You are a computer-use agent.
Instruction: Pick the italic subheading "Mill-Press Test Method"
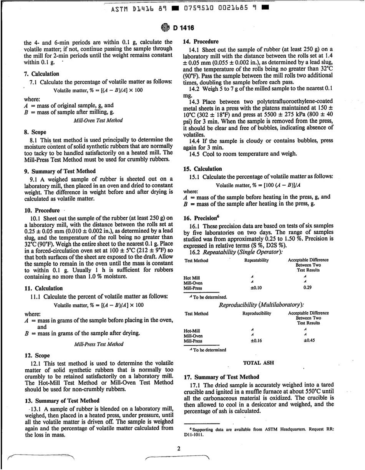97,344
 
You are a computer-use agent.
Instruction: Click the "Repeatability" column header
256,261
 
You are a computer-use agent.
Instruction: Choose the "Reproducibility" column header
257,314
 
